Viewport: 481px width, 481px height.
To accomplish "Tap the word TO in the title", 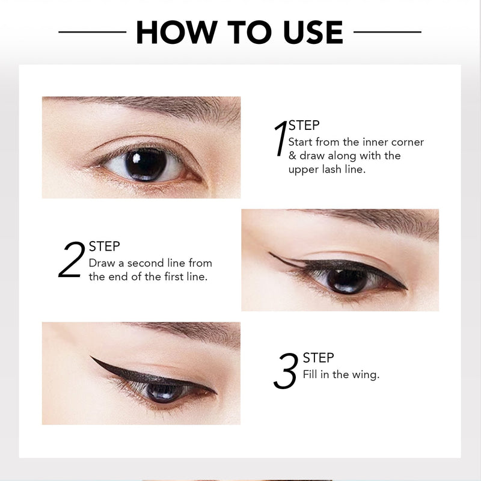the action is click(250, 32).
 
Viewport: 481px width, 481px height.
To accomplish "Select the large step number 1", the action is click(280, 138).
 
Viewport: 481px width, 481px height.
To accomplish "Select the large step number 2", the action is click(72, 260).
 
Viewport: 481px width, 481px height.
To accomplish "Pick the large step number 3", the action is click(286, 370).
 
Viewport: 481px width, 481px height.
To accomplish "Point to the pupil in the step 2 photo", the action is click(347, 281).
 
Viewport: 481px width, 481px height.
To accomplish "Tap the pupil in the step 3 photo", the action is click(164, 393).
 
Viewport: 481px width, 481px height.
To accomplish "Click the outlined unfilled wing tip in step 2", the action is click(271, 254).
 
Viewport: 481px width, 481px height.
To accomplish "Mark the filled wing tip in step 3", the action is click(91, 357).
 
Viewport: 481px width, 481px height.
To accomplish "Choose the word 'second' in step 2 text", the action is click(146, 263).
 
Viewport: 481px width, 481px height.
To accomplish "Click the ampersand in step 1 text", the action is click(292, 156).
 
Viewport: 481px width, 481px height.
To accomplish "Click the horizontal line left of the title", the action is click(93, 32).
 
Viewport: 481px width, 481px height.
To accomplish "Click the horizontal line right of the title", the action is click(387, 32).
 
